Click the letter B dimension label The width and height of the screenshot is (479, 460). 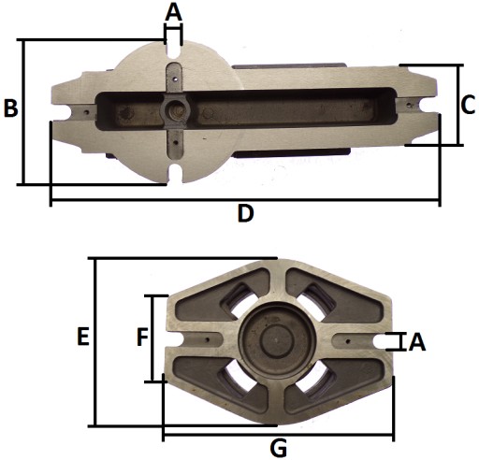10,108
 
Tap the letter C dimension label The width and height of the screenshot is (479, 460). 468,105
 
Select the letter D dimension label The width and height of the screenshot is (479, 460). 246,213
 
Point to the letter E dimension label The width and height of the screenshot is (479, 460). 83,337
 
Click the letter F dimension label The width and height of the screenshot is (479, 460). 142,338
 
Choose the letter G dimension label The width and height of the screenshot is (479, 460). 278,449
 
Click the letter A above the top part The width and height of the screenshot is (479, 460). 173,12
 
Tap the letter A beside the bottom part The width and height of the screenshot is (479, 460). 417,342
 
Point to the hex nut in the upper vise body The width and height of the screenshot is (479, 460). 177,111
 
